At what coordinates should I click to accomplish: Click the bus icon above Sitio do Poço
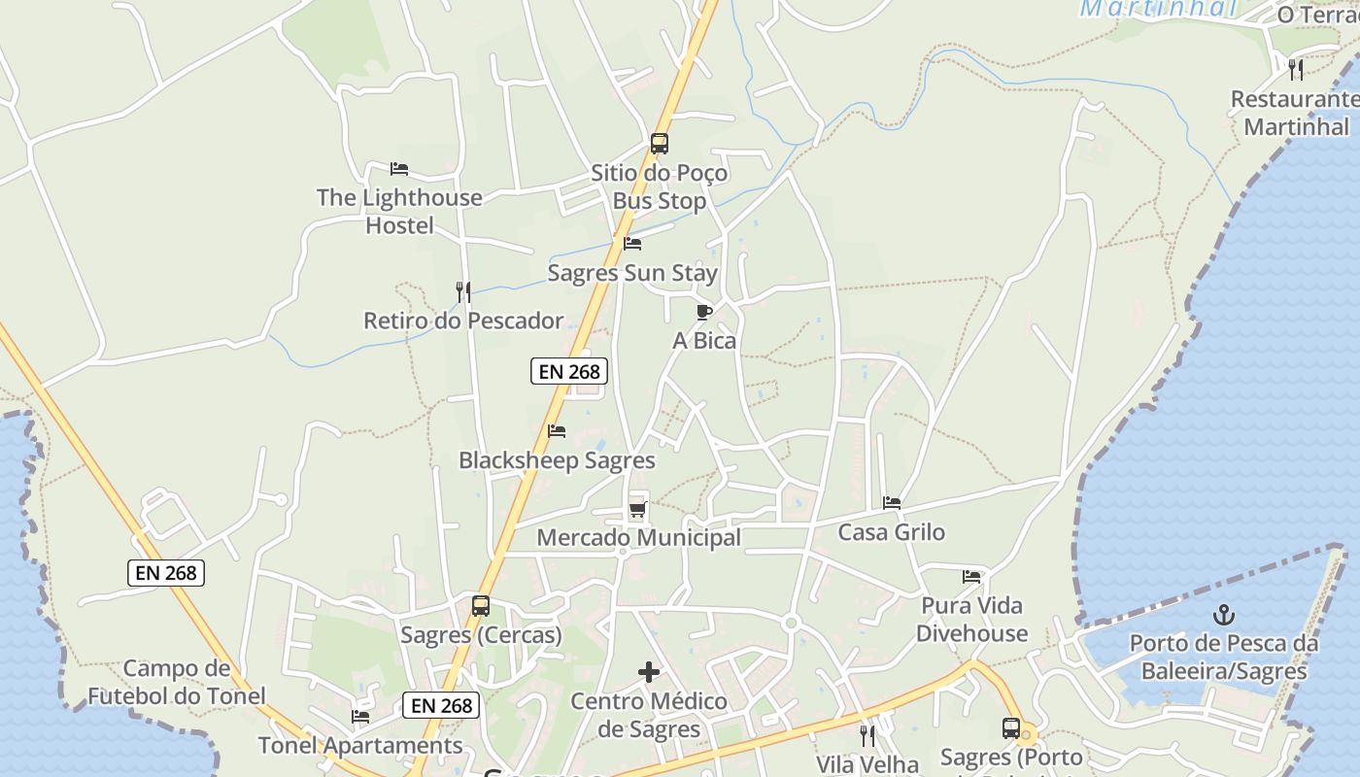[x=660, y=144]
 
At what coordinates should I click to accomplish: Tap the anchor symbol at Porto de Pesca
[x=1224, y=614]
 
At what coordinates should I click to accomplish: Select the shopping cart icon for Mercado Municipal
[x=637, y=508]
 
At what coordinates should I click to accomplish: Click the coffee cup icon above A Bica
[x=704, y=312]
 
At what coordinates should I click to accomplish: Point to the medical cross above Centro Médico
[x=649, y=672]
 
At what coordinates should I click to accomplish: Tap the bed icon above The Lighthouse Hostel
[x=398, y=169]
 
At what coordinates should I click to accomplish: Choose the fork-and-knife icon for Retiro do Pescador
[x=463, y=291]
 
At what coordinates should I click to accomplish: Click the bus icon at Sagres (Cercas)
[x=481, y=606]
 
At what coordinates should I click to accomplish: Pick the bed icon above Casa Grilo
[x=892, y=503]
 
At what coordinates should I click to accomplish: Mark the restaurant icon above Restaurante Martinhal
[x=1296, y=70]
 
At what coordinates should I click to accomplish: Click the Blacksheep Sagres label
[x=557, y=460]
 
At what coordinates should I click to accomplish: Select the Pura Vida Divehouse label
[x=971, y=620]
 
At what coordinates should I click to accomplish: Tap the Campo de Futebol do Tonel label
[x=177, y=682]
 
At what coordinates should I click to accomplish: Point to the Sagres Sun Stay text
[x=632, y=273]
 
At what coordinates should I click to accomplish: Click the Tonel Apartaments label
[x=360, y=746]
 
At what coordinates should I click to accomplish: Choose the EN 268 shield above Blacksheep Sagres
[x=569, y=370]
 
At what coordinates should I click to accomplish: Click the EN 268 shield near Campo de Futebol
[x=166, y=573]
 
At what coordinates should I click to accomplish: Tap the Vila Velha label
[x=867, y=764]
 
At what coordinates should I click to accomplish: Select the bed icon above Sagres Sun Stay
[x=632, y=244]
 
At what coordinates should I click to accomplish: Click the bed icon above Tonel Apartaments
[x=360, y=717]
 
